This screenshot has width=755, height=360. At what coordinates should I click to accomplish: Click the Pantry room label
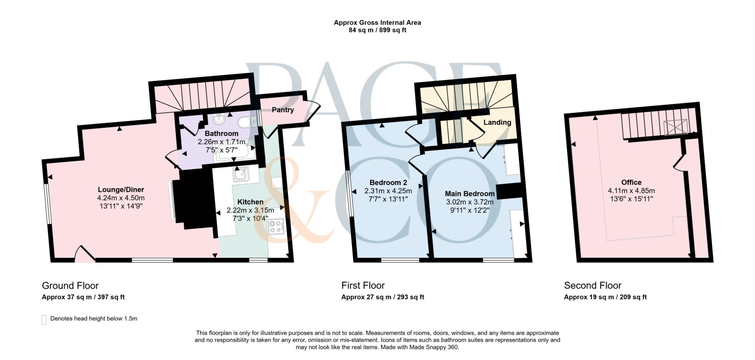283,110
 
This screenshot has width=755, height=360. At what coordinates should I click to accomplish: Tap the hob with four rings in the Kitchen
276,226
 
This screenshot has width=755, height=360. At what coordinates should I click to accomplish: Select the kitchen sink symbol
240,174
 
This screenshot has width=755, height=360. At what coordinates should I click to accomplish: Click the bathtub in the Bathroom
234,150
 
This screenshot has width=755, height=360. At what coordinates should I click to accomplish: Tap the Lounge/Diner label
121,190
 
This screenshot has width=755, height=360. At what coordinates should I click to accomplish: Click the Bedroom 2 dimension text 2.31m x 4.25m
388,191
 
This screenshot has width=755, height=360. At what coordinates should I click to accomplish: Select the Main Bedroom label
470,194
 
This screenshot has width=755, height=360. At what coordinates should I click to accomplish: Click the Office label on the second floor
631,182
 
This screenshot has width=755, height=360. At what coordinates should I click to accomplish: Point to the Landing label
497,122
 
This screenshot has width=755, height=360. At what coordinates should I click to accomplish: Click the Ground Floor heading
70,286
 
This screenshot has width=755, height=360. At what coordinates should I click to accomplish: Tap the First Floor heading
363,286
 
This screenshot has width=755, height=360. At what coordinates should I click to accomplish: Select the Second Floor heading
592,286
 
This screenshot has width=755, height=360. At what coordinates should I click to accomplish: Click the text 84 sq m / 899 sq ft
377,30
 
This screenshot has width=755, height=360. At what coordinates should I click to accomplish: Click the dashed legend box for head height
44,319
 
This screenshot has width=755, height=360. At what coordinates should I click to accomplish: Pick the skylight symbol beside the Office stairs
676,127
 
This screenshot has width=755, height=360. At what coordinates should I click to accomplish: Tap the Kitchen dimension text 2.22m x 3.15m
250,210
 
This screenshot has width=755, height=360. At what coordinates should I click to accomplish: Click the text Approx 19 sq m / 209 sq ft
605,297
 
